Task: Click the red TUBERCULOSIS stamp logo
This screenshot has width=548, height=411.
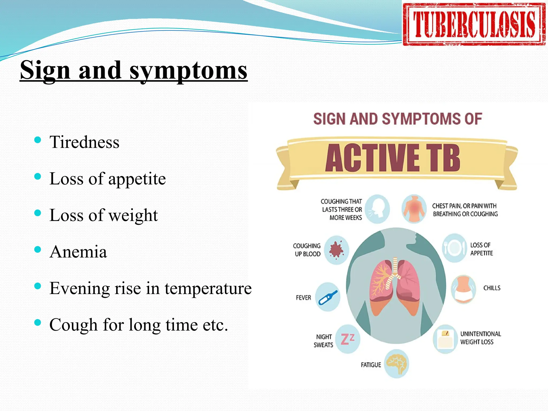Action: pyautogui.click(x=474, y=24)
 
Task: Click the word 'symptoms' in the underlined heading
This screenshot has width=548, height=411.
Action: pyautogui.click(x=188, y=70)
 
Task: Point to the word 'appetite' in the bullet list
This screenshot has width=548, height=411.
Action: pyautogui.click(x=137, y=179)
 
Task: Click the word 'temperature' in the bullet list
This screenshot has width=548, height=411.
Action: pyautogui.click(x=208, y=288)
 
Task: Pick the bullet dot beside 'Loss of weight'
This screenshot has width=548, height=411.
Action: pyautogui.click(x=38, y=213)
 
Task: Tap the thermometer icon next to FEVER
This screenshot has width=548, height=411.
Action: pyautogui.click(x=328, y=297)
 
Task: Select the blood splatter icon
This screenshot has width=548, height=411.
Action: pyautogui.click(x=336, y=250)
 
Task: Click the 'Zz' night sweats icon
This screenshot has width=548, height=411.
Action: pyautogui.click(x=348, y=339)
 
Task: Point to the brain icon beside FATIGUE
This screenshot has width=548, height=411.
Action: pyautogui.click(x=397, y=364)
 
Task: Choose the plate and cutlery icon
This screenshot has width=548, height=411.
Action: pyautogui.click(x=454, y=248)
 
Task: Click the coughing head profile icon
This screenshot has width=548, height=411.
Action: pyautogui.click(x=377, y=209)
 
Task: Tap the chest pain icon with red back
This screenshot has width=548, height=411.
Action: pyautogui.click(x=414, y=209)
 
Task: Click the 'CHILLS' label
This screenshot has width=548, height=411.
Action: pyautogui.click(x=492, y=288)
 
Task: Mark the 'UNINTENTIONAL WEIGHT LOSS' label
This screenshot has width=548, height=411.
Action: pyautogui.click(x=481, y=338)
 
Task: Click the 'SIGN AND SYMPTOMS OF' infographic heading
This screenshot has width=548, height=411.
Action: pyautogui.click(x=398, y=119)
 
